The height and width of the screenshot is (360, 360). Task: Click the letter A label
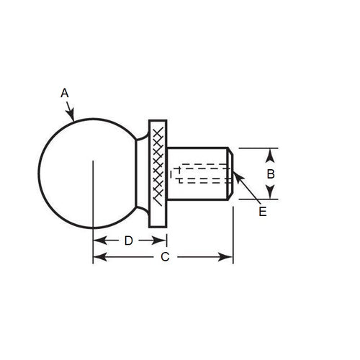click(64, 93)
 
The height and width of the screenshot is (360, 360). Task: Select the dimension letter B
click(270, 174)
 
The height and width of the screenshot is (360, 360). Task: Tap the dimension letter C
click(164, 256)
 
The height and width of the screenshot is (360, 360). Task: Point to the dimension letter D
click(128, 240)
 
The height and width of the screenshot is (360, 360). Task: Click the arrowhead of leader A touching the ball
click(72, 115)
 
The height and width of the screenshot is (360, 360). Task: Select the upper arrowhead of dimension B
click(270, 153)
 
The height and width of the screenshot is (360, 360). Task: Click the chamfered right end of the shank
click(230, 173)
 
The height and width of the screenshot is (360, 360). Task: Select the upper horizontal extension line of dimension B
click(256, 148)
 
